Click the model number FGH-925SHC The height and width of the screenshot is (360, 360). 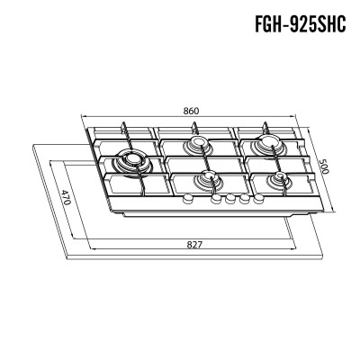click(x=301, y=23)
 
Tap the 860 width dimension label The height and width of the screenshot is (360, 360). click(x=191, y=111)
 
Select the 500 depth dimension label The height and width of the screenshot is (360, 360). click(x=324, y=166)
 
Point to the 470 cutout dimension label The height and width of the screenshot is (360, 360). click(x=65, y=197)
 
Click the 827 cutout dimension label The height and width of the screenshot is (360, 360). click(x=194, y=245)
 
